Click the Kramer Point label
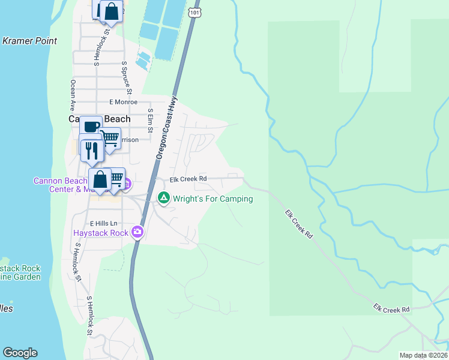click(x=30, y=41)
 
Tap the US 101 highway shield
click(x=193, y=11)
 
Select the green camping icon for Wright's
click(x=163, y=197)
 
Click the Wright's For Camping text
click(x=213, y=199)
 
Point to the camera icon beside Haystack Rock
click(x=138, y=232)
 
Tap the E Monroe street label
click(x=123, y=103)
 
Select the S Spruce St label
click(x=126, y=77)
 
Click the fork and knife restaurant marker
click(x=91, y=150)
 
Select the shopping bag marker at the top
click(x=110, y=11)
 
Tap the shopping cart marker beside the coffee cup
click(x=110, y=139)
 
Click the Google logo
click(x=20, y=353)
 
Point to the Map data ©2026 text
click(x=424, y=355)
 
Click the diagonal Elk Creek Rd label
click(x=299, y=224)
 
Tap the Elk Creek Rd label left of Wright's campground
click(x=188, y=179)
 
